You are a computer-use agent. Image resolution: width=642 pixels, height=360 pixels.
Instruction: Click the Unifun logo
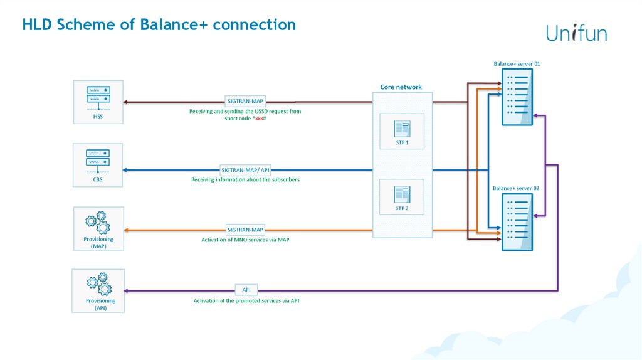pyautogui.click(x=576, y=33)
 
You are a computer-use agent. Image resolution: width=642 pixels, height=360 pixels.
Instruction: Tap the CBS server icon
pyautogui.click(x=98, y=160)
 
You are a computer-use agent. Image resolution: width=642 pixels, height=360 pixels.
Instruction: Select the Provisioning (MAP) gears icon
pyautogui.click(x=98, y=223)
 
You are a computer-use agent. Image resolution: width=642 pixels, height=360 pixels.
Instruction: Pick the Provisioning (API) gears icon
pyautogui.click(x=98, y=285)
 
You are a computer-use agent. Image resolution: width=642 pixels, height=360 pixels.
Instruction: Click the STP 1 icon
pyautogui.click(x=402, y=129)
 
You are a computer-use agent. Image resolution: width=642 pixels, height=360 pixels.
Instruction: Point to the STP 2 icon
pyautogui.click(x=402, y=193)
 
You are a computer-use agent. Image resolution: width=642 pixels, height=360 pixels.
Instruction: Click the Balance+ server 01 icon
pyautogui.click(x=517, y=97)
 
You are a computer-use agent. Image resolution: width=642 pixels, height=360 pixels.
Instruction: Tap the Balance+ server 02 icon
pyautogui.click(x=517, y=222)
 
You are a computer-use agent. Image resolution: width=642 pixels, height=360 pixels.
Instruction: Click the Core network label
pyautogui.click(x=401, y=87)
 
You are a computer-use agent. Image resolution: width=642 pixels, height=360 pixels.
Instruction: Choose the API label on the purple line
pyautogui.click(x=246, y=290)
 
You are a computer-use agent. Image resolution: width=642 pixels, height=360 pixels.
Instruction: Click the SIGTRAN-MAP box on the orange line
pyautogui.click(x=245, y=230)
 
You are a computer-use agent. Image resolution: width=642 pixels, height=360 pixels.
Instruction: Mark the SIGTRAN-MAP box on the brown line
pyautogui.click(x=245, y=101)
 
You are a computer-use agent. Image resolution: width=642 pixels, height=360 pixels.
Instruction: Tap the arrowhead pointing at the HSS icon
pyautogui.click(x=126, y=101)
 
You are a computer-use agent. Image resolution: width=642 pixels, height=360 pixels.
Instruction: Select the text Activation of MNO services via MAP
pyautogui.click(x=245, y=240)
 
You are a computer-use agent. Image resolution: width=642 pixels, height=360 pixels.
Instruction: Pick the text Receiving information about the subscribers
pyautogui.click(x=245, y=179)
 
